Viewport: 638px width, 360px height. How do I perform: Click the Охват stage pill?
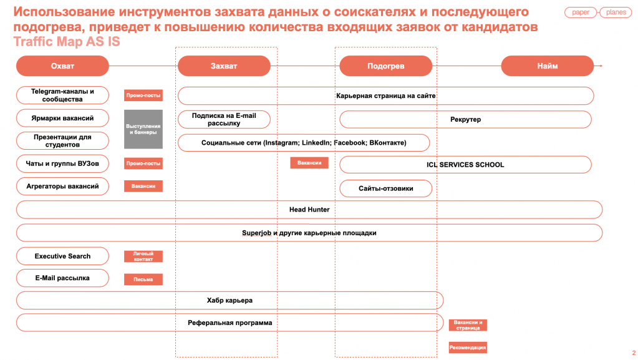point(62,66)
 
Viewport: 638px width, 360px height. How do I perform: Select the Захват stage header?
point(224,66)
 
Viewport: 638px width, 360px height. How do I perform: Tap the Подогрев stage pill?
point(385,66)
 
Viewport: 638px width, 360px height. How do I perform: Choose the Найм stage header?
point(548,66)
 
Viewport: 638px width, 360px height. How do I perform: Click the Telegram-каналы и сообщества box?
point(62,95)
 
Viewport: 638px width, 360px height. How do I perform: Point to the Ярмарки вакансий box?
point(62,118)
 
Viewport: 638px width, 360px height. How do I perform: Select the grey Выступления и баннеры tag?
point(143,129)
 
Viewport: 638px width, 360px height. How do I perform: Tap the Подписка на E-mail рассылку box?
point(224,119)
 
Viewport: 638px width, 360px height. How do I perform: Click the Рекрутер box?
point(465,119)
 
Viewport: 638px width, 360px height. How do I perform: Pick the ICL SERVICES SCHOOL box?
point(465,165)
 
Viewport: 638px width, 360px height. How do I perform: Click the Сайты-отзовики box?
point(385,188)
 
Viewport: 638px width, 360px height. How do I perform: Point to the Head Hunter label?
point(309,209)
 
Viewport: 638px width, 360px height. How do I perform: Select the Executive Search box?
point(62,256)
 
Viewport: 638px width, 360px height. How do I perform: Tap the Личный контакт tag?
point(143,256)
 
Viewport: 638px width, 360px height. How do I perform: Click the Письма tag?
point(143,280)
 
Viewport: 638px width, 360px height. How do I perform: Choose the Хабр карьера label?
point(230,301)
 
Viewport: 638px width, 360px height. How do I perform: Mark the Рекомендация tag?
point(468,348)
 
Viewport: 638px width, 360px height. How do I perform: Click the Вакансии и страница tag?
point(468,325)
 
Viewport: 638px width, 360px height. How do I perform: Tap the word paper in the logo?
point(581,12)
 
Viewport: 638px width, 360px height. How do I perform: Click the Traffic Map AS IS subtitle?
point(67,42)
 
